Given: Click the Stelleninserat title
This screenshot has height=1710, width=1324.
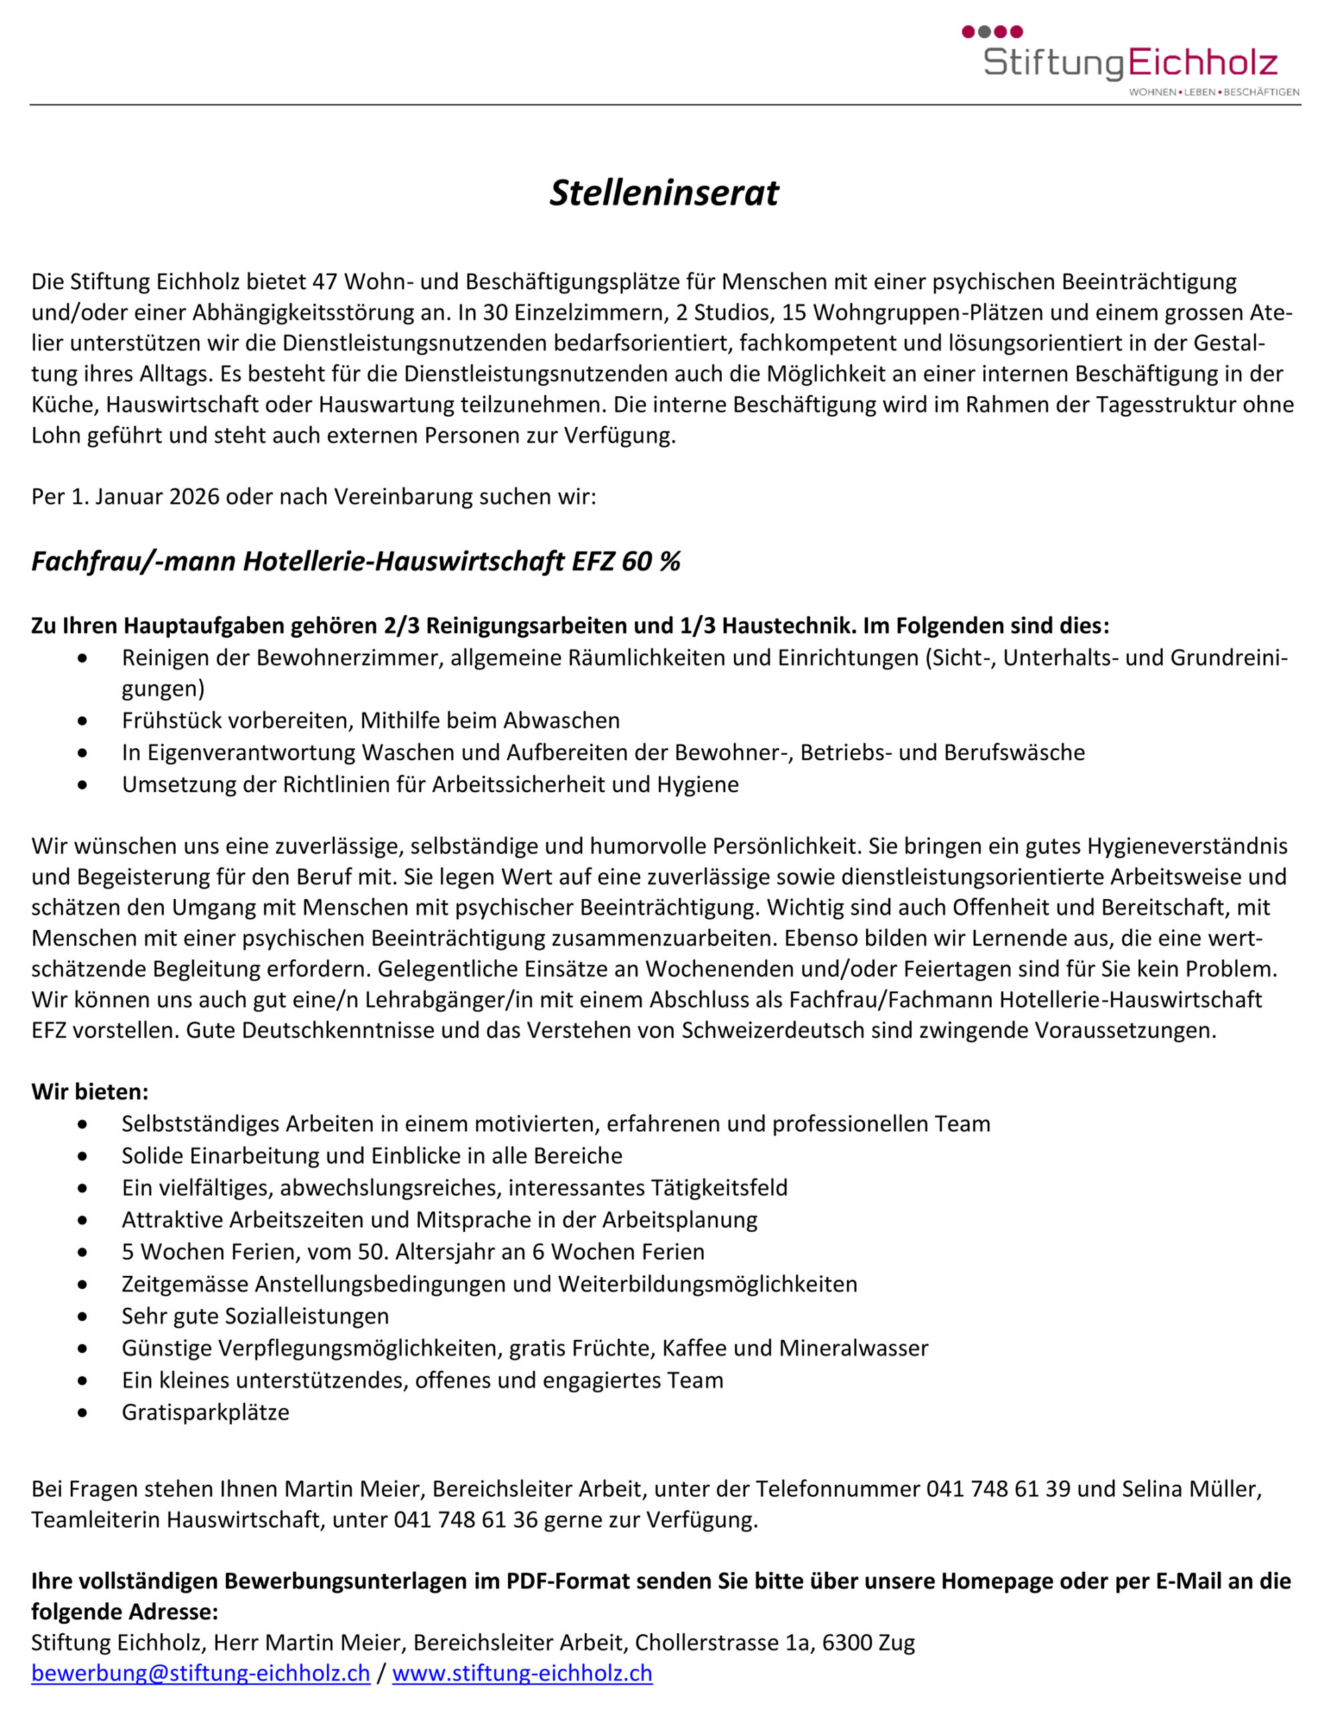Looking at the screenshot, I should coord(664,192).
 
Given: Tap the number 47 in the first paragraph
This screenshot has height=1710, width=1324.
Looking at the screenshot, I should coord(324,282).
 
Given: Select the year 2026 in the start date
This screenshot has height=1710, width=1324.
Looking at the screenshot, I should coord(194,497).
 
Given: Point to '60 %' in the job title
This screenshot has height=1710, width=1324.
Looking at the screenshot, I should coord(650,561).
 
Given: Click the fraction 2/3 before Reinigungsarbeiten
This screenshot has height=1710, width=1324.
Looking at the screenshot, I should coord(401,626).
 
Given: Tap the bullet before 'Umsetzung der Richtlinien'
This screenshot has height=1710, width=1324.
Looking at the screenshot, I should coord(83,785).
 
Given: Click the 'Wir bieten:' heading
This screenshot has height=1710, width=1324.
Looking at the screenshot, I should coord(90,1091).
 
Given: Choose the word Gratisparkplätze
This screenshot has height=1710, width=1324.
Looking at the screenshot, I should coord(205,1413).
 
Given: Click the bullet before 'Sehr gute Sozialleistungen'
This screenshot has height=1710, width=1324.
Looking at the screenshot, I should coord(83,1316).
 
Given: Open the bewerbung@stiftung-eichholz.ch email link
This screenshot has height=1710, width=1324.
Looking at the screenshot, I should coord(201,1673).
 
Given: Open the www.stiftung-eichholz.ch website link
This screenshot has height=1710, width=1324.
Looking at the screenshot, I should coord(522,1673).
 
